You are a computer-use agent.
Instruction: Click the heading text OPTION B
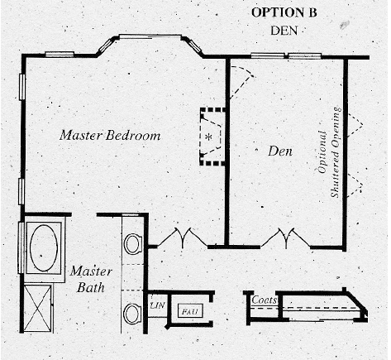[x=284, y=12]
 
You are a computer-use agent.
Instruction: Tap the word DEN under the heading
[x=284, y=31]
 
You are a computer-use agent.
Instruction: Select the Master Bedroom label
[x=110, y=135]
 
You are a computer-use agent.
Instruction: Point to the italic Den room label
[x=280, y=151]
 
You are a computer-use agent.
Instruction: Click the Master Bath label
[x=91, y=279]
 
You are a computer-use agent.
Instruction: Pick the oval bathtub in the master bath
[x=44, y=248]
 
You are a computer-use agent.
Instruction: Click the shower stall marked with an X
[x=37, y=308]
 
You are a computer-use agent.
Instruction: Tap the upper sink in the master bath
[x=134, y=243]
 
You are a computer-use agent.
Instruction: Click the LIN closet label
[x=157, y=305]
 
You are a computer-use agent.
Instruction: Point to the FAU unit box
[x=190, y=311]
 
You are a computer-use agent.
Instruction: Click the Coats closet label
[x=264, y=300]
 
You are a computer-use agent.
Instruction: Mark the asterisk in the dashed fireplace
[x=209, y=137]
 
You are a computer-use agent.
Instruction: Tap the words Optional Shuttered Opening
[x=330, y=152]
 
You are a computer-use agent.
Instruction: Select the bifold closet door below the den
[x=286, y=238]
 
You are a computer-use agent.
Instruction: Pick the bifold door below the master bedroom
[x=182, y=238]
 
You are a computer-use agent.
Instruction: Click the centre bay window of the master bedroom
[x=150, y=36]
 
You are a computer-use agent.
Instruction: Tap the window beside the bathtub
[x=21, y=247]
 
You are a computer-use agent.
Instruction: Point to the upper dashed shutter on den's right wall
[x=355, y=125]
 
